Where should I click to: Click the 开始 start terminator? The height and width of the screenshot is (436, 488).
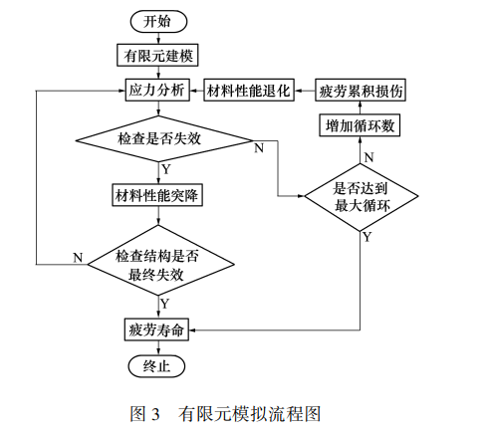[x=157, y=21]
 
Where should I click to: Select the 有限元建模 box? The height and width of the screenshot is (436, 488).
[x=157, y=54]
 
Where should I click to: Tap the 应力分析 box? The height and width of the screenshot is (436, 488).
[x=157, y=90]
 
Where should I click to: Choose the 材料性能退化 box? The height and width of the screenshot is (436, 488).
[x=248, y=90]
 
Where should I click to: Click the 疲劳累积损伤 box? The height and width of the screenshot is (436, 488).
[x=361, y=90]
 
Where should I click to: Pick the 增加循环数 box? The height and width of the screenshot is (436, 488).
[x=361, y=126]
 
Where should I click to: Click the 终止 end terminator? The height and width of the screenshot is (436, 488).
[x=157, y=365]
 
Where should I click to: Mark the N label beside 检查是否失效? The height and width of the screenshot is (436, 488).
[x=259, y=148]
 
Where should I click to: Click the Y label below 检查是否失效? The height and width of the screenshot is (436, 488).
[x=165, y=168]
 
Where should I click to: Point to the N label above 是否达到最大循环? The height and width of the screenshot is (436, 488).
[x=367, y=156]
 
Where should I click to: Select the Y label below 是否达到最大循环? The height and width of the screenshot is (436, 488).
[x=367, y=237]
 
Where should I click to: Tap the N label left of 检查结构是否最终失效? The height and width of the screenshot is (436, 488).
[x=77, y=257]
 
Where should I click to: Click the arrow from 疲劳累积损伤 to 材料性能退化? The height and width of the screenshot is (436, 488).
[x=305, y=90]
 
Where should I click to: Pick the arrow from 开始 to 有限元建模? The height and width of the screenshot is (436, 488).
[x=157, y=37]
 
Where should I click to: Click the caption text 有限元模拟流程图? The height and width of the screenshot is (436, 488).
[x=249, y=413]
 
